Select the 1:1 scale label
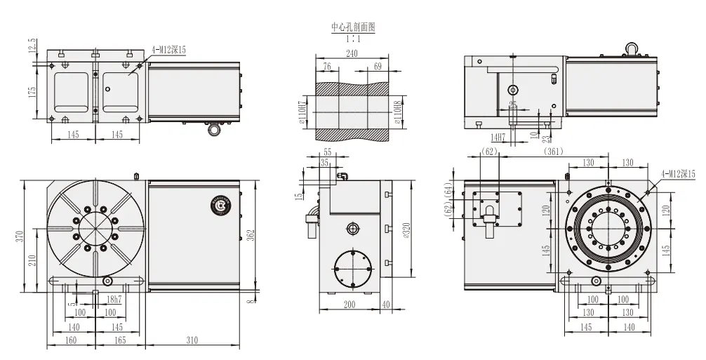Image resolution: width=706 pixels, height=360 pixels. [x=354, y=38]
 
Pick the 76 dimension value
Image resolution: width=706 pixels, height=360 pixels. [x=326, y=66]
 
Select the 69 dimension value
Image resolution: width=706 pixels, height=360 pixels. [x=378, y=66]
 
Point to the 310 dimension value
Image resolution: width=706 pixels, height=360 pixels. [x=191, y=340]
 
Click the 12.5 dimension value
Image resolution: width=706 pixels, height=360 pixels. [x=32, y=47]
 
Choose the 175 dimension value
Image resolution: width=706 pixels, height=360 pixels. [x=32, y=93]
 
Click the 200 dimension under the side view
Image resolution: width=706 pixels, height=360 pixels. [x=348, y=305]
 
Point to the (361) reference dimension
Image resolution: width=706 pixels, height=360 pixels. [x=554, y=151]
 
